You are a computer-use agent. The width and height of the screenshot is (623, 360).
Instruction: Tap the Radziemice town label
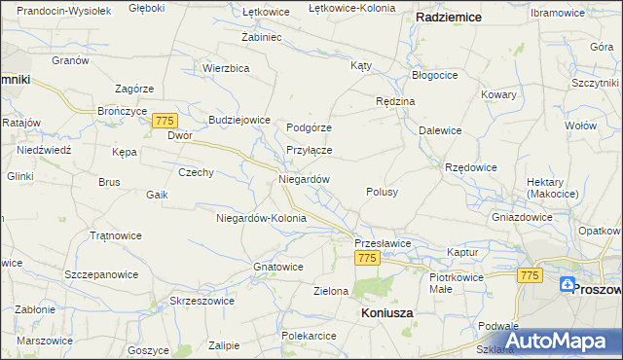coord(450,18)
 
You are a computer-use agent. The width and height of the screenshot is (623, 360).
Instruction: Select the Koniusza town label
coord(386,313)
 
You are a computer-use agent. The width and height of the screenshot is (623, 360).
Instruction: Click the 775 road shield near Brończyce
coord(165,119)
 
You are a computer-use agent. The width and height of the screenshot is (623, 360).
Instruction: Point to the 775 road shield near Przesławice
coord(366,258)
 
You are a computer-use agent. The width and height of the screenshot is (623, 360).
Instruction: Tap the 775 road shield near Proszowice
coord(530,276)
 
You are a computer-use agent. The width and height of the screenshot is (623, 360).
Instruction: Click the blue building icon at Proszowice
coord(568,284)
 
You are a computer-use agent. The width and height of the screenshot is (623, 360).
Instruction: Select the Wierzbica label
coord(227,68)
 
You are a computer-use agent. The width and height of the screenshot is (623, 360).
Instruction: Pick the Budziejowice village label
coord(238,120)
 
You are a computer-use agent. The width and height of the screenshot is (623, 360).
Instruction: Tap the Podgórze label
coord(310,127)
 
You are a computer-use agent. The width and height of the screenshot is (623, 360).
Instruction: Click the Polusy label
coord(382,193)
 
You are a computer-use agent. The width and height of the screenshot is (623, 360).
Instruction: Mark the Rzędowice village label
coord(471,167)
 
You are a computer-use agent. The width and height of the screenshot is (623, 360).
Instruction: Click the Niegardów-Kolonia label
coord(261,218)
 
